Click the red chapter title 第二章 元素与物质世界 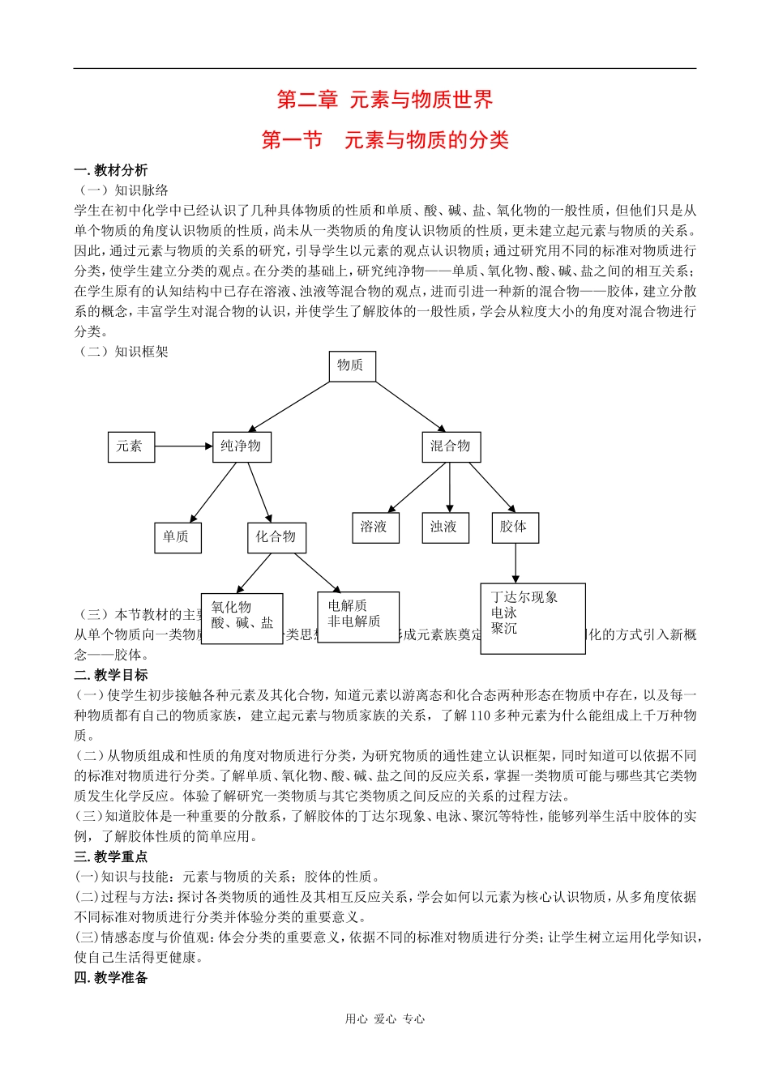[x=385, y=100]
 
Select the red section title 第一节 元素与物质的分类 [x=385, y=140]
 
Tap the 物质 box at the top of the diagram [x=352, y=366]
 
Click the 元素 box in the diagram [x=131, y=446]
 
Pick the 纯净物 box [x=242, y=446]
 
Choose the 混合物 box [x=451, y=446]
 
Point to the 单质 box [x=177, y=537]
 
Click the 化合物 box [x=276, y=537]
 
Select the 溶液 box [x=375, y=527]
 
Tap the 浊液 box [x=444, y=527]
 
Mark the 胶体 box [x=514, y=527]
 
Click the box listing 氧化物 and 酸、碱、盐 [x=242, y=619]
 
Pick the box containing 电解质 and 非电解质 [x=357, y=617]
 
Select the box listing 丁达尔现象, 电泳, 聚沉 [x=533, y=618]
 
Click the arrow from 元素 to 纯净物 [x=183, y=446]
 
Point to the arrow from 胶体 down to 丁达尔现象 [x=515, y=563]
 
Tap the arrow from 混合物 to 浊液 [x=450, y=488]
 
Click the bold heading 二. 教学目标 [x=111, y=675]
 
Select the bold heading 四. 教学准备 [x=111, y=978]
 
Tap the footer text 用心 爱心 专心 [x=385, y=1019]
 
